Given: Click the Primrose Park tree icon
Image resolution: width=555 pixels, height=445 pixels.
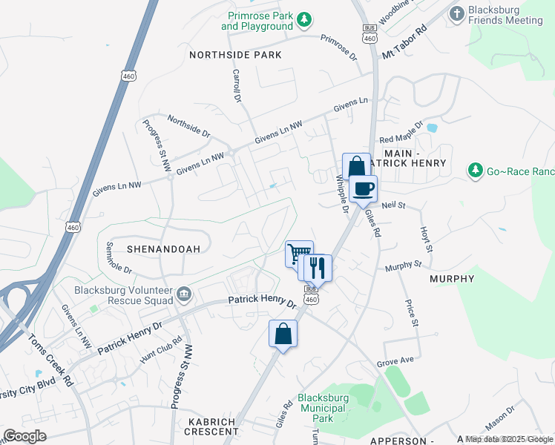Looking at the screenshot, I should [x=303, y=19].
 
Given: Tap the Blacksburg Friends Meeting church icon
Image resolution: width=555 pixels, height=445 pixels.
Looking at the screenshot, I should [x=457, y=13].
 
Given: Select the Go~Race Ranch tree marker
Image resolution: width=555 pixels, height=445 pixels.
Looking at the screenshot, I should [x=475, y=171].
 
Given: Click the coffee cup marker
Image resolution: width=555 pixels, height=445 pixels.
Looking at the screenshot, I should [x=363, y=188].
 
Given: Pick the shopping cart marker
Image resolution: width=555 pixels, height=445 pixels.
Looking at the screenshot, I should [x=299, y=254].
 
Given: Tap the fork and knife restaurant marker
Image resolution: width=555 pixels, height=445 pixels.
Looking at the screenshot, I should [x=318, y=267].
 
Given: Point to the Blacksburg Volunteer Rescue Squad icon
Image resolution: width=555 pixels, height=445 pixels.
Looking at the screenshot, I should [x=184, y=296].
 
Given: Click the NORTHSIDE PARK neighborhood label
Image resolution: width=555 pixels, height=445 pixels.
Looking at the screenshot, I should [x=235, y=55].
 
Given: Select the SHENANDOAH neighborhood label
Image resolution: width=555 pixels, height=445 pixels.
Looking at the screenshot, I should [x=163, y=249].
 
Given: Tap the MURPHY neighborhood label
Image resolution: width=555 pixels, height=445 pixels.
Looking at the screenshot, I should [x=452, y=279].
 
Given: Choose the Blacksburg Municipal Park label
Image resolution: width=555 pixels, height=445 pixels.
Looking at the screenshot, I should [x=322, y=403].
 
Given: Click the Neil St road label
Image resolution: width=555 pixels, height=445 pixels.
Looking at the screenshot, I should [x=393, y=205].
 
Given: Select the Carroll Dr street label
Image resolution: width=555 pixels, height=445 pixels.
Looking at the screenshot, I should [x=237, y=85].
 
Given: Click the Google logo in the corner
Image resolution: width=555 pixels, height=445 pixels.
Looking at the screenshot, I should [x=25, y=436].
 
